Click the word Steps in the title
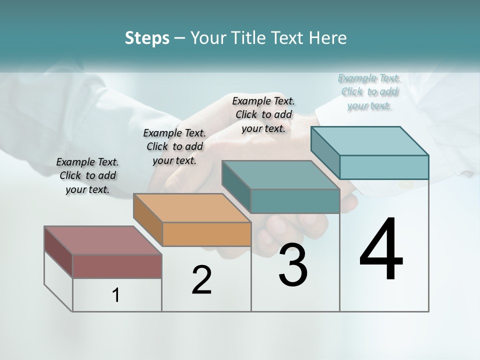pos(147,38)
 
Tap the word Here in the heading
pos(329,38)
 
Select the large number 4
pos(381,250)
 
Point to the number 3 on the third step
pos(293,265)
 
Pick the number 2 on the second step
pos(201,280)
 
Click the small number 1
pos(116,295)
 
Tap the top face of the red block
pos(103,240)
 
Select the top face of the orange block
pos(192,208)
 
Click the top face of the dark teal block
pos(280,175)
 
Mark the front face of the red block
pos(117,266)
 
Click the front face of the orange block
pos(206,234)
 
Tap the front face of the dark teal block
pos(295,201)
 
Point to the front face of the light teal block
pos(384,167)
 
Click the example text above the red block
pos(87,175)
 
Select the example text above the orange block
pos(174,146)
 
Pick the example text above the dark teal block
pos(263,114)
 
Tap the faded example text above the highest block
pos(369,91)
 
